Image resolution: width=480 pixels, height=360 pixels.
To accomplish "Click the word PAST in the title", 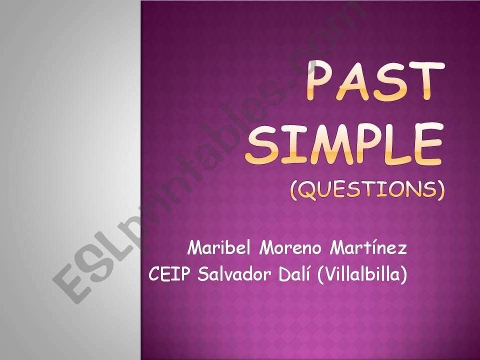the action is pos(375,81).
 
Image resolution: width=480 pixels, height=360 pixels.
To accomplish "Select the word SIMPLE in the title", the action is pos(344,144).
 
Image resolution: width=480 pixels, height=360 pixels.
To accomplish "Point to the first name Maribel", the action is pos(219,247).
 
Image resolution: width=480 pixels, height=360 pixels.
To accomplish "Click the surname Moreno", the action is pos(290,248).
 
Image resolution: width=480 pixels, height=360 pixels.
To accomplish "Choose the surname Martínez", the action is pos(368,247).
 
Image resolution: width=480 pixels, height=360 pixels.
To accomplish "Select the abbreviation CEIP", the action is pos(169,274).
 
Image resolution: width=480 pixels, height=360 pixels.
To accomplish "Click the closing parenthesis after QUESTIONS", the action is pos(440,190).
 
